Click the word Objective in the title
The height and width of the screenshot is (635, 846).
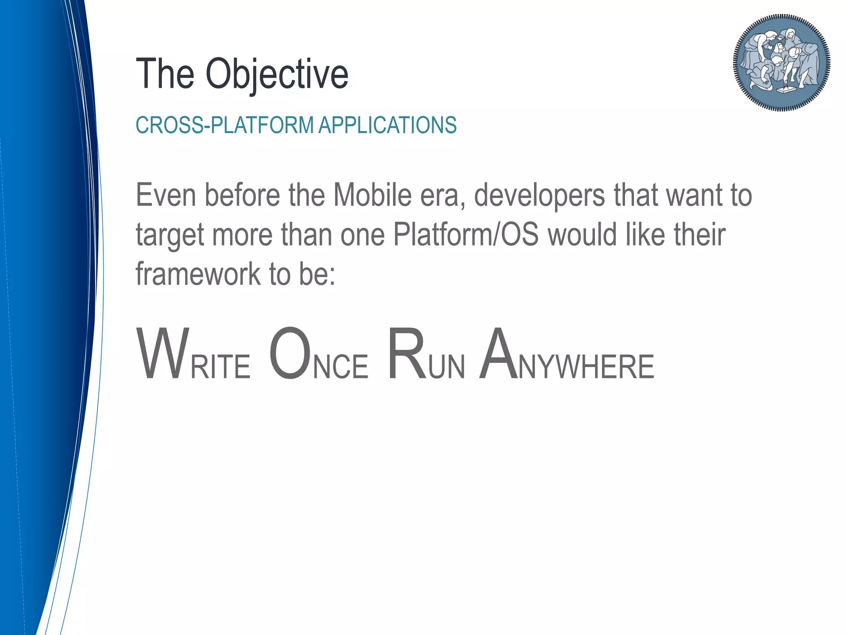(277, 74)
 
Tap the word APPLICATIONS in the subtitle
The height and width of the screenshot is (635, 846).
(387, 125)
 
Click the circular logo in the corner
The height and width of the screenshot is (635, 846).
(782, 62)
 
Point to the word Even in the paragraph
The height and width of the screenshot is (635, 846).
(166, 195)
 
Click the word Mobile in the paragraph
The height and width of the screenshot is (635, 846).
(372, 195)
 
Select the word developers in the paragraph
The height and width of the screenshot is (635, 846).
(539, 196)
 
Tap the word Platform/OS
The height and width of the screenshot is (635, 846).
(466, 234)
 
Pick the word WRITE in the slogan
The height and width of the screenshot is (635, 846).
(193, 355)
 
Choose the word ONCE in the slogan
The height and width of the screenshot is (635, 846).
(318, 355)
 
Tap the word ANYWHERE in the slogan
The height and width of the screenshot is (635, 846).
(566, 355)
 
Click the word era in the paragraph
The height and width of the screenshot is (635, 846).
(442, 196)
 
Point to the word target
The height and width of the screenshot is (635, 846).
(170, 235)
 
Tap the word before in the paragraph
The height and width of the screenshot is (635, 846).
(242, 195)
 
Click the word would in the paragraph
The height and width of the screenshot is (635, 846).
(582, 234)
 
